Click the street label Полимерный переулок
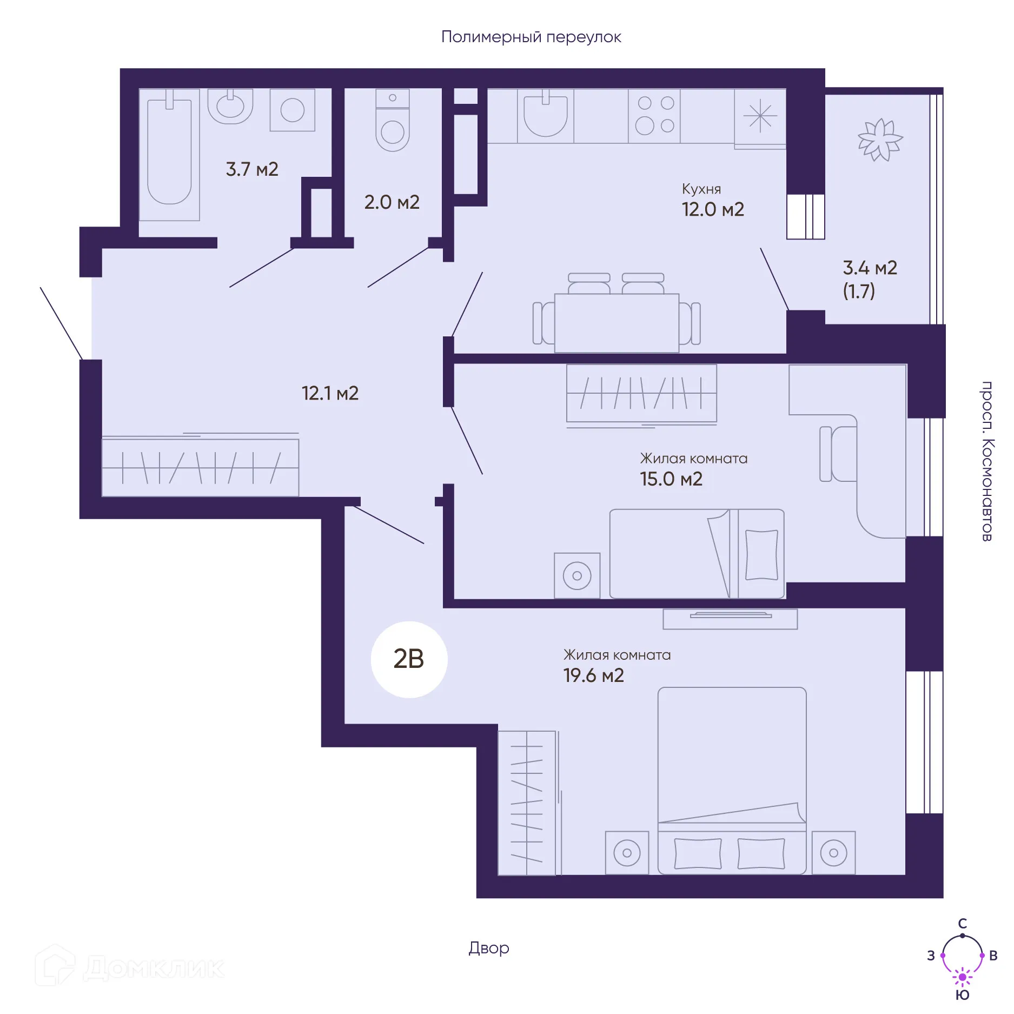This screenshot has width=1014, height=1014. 531,37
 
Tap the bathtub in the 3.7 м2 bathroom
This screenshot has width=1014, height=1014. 169,155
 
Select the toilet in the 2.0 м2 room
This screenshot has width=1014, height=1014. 393,120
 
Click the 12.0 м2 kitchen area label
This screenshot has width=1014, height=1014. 713,209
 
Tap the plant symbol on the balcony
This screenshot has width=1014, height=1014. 880,140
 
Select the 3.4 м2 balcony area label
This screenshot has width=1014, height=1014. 870,268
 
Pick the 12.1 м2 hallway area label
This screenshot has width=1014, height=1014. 330,393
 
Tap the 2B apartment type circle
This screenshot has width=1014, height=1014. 409,659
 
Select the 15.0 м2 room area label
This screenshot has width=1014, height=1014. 671,479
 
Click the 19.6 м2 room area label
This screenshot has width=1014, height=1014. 593,675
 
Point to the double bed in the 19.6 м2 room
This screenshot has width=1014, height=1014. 732,781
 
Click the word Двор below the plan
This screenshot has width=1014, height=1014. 489,948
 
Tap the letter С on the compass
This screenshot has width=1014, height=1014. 963,923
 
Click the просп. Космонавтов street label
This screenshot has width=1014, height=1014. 987,461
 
